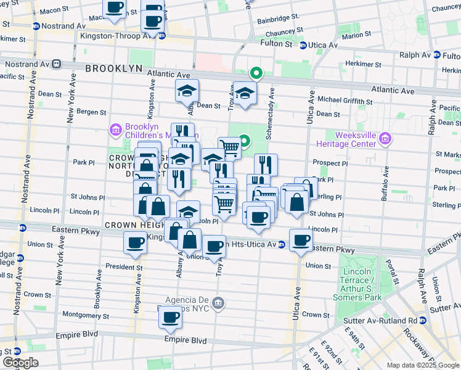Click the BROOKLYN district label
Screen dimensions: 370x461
point(113,69)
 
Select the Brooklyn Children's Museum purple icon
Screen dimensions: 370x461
point(115,129)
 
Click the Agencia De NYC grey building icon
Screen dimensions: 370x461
point(218,303)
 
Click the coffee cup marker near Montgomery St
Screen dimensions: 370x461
point(170,318)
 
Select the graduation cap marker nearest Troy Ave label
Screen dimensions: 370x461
point(245,94)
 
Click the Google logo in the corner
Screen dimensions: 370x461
point(21,363)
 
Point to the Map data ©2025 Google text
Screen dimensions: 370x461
point(422,365)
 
